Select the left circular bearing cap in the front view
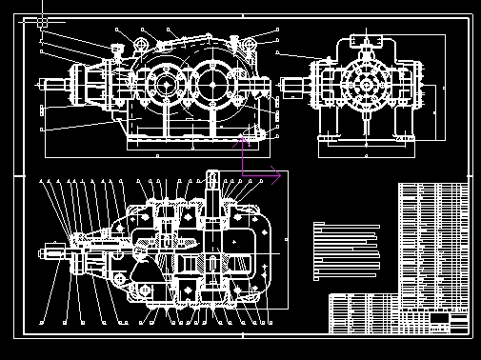click(x=166, y=84)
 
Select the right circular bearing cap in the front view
click(x=214, y=84)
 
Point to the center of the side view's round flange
click(x=365, y=84)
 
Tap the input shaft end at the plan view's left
click(x=48, y=253)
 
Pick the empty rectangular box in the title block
click(x=439, y=317)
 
